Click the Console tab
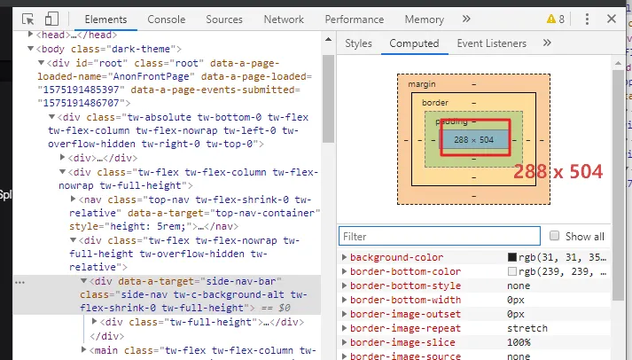point(167,20)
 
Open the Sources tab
point(223,20)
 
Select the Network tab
point(284,20)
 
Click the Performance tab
point(355,20)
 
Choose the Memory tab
point(424,20)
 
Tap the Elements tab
point(105,20)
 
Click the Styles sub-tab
point(358,43)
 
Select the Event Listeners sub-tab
point(491,43)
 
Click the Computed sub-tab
point(414,43)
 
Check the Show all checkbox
point(555,237)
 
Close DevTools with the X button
point(612,19)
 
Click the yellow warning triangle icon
point(551,19)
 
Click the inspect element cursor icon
point(28,20)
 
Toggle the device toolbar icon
point(51,20)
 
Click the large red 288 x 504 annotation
point(558,171)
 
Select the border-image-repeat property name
point(403,328)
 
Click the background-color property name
point(396,257)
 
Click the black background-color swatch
point(512,257)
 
